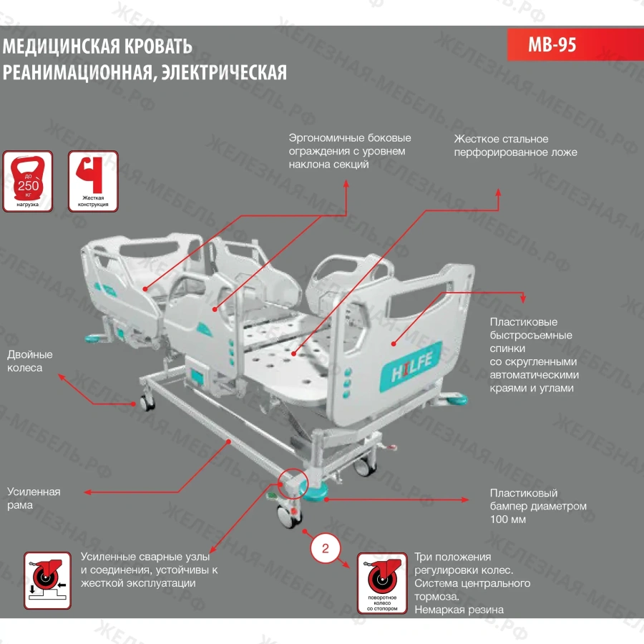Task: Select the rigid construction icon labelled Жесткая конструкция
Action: pyautogui.click(x=94, y=180)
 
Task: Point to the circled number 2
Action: pyautogui.click(x=326, y=550)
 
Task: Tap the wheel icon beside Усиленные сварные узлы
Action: pyautogui.click(x=47, y=580)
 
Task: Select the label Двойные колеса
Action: pyautogui.click(x=30, y=361)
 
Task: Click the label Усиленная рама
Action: pyautogui.click(x=34, y=498)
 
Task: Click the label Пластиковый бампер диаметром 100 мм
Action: pyautogui.click(x=538, y=506)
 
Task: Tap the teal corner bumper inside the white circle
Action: pyautogui.click(x=313, y=489)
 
